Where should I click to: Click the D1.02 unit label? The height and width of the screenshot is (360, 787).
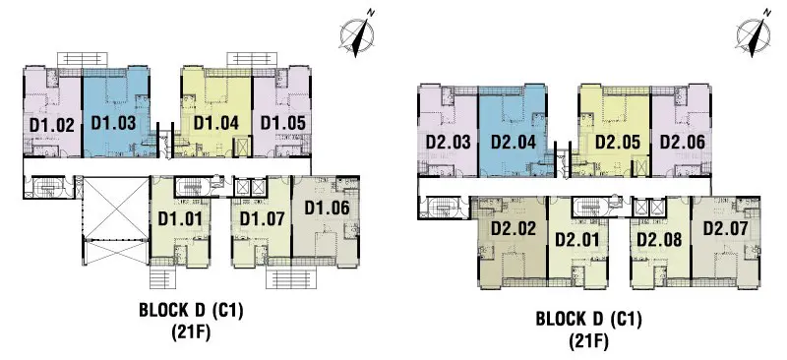tap(52, 125)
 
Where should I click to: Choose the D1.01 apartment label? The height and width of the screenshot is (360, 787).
tap(180, 219)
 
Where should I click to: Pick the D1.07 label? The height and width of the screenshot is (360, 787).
tap(262, 219)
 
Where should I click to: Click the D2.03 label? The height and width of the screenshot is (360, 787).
tap(449, 142)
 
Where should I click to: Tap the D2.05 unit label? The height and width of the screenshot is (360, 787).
tap(618, 142)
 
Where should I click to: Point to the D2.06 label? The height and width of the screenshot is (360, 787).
tap(682, 142)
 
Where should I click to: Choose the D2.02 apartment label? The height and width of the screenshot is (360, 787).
tap(514, 229)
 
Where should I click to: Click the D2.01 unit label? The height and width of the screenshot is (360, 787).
tap(577, 239)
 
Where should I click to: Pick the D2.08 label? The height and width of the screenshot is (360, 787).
tap(659, 239)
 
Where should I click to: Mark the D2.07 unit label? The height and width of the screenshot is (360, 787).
tap(725, 229)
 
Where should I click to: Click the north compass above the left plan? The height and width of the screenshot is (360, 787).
tap(357, 34)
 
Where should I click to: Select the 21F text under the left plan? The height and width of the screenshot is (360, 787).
tap(191, 332)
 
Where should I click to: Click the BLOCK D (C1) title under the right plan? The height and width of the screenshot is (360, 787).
tap(588, 320)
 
